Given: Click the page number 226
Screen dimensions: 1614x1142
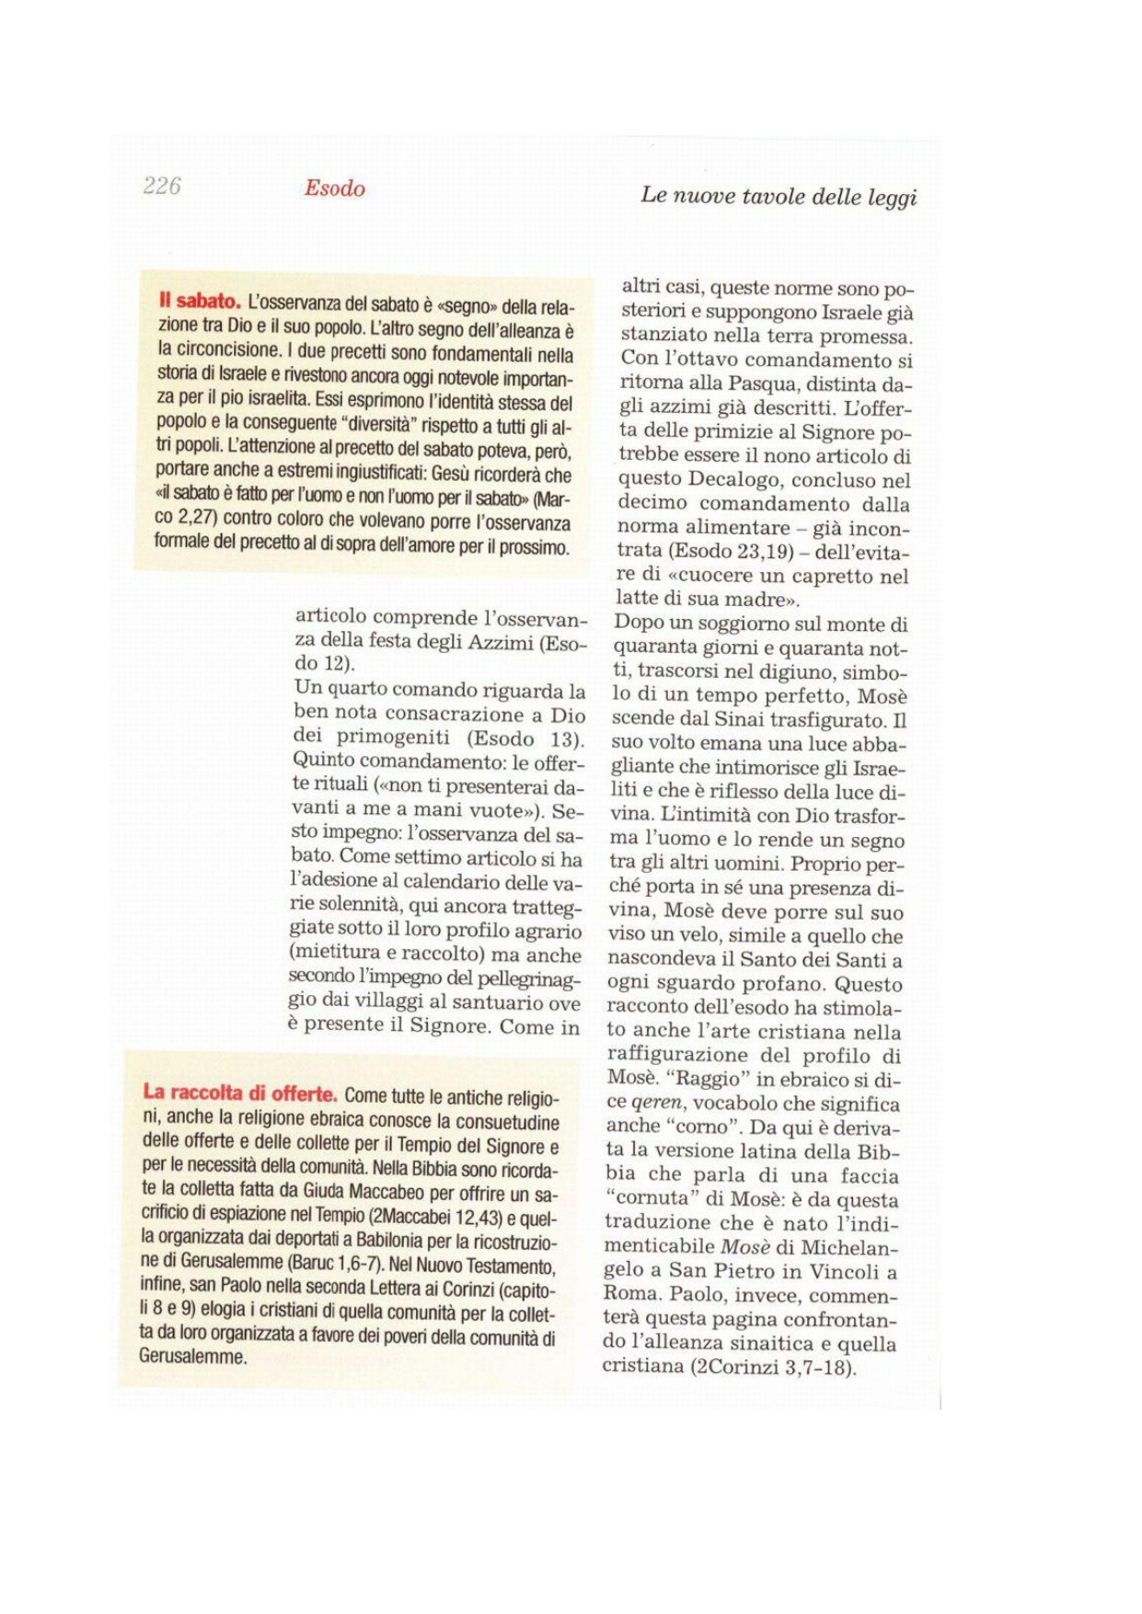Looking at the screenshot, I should [x=162, y=186].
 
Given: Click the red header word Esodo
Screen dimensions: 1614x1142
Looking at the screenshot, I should [x=335, y=189].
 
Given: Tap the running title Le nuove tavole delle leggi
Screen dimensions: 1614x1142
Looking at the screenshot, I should [x=779, y=196].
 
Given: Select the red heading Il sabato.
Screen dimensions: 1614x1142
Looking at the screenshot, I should [x=199, y=301].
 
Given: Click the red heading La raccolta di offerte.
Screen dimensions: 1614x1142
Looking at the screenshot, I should [x=240, y=1093].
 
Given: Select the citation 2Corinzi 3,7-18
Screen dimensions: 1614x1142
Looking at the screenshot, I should [x=770, y=1368].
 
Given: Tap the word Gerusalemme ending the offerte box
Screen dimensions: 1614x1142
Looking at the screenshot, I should [x=193, y=1356].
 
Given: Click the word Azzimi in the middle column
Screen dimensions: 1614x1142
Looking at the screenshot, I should [x=501, y=642].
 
